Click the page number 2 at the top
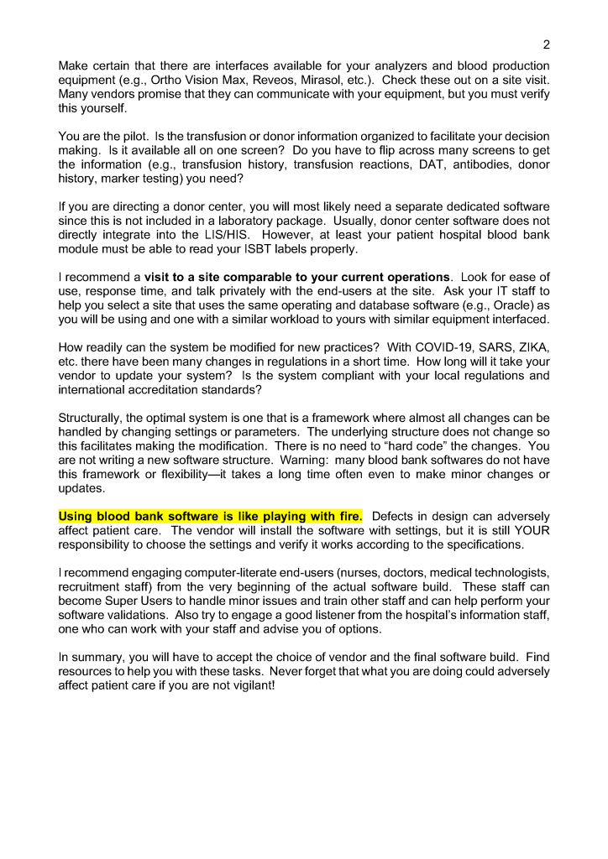click(x=547, y=44)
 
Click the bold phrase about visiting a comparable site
click(x=297, y=277)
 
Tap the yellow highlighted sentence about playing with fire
click(x=210, y=516)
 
